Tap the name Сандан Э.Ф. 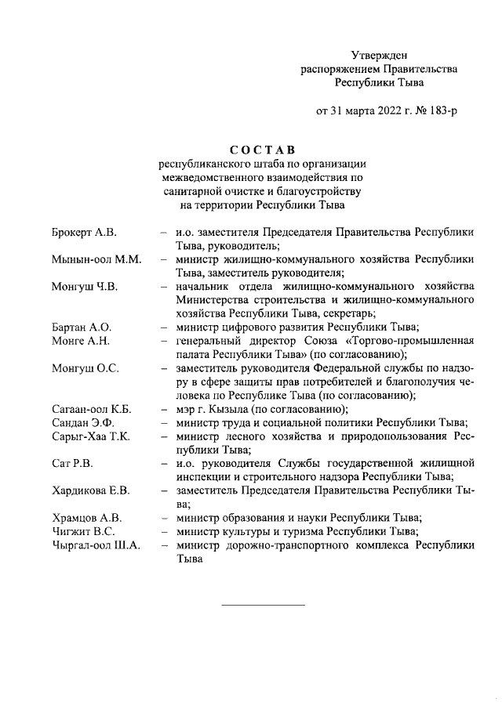pyautogui.click(x=82, y=422)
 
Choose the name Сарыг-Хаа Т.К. pyautogui.click(x=91, y=436)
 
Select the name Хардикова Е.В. pyautogui.click(x=89, y=490)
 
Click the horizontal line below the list pyautogui.click(x=263, y=604)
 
